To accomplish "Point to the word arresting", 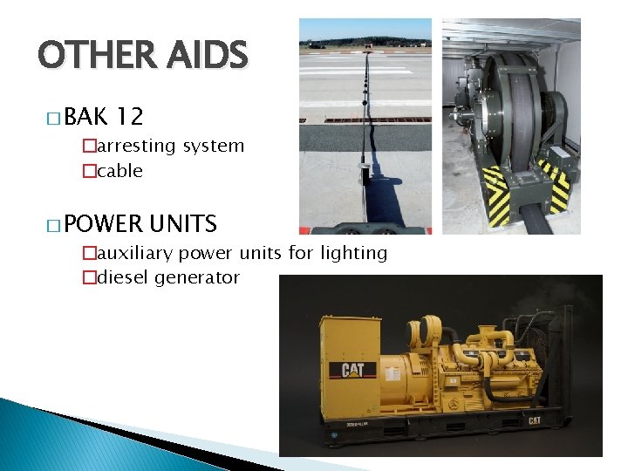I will click(x=135, y=147).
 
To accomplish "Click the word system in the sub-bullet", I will click(x=213, y=147).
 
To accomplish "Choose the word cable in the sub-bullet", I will click(x=119, y=171).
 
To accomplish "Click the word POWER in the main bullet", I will click(x=102, y=224).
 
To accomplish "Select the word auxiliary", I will click(x=132, y=254).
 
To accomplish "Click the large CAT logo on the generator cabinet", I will click(x=353, y=371).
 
